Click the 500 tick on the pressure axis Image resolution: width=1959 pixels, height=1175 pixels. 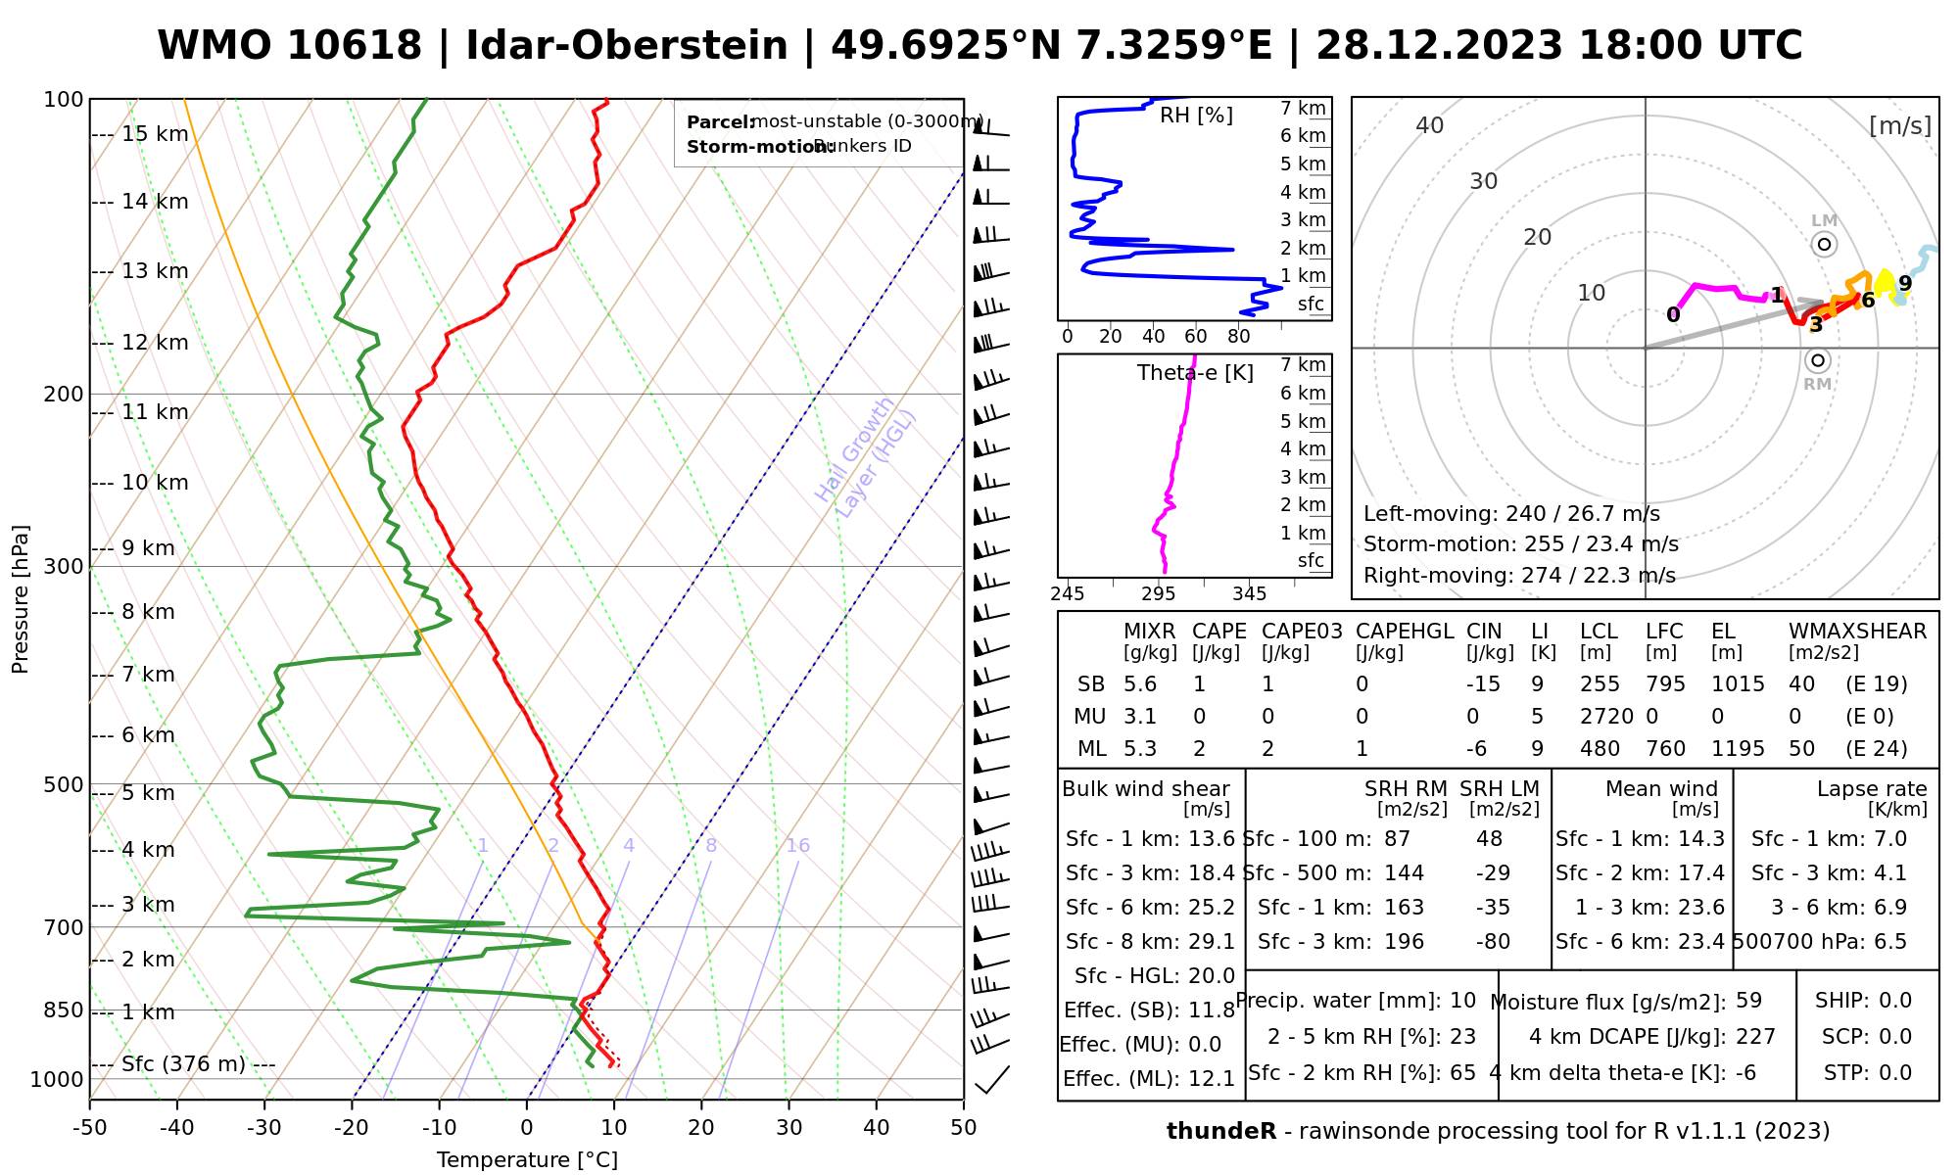[64, 784]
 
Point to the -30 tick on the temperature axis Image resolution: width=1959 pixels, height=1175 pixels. [264, 1128]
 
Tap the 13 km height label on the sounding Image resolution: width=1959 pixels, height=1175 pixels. [154, 271]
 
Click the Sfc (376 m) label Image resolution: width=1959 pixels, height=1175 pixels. [183, 1064]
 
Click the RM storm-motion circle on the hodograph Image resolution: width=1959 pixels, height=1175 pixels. [1818, 360]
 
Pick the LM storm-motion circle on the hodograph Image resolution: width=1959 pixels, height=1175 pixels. [1824, 244]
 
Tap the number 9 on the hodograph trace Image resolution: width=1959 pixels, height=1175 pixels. [1904, 284]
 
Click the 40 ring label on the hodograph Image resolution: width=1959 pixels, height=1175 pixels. [1430, 125]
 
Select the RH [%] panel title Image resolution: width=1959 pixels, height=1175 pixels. [1196, 116]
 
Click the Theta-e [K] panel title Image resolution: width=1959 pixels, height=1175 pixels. [1195, 373]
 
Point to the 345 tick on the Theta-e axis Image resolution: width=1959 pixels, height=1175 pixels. [1249, 594]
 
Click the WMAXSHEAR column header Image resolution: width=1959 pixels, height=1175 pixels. [1857, 632]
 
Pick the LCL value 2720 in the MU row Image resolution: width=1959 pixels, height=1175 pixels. [1606, 717]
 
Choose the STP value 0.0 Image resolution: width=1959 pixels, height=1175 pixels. [1895, 1073]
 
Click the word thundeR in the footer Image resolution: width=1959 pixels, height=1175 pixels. [1221, 1132]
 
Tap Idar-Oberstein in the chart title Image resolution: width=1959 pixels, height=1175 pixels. [627, 46]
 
